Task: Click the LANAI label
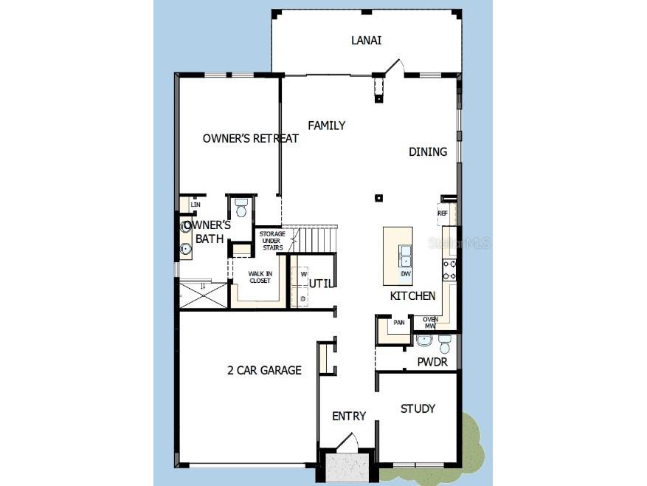pyautogui.click(x=366, y=40)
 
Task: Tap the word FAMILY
pyautogui.click(x=326, y=126)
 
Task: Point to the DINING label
pyautogui.click(x=428, y=151)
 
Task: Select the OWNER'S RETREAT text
pyautogui.click(x=251, y=138)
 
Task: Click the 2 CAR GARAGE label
pyautogui.click(x=264, y=370)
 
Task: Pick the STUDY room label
pyautogui.click(x=418, y=408)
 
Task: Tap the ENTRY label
pyautogui.click(x=349, y=416)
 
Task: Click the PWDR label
pyautogui.click(x=432, y=363)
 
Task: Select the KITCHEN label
pyautogui.click(x=412, y=295)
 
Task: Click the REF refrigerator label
pyautogui.click(x=443, y=213)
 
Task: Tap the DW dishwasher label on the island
pyautogui.click(x=405, y=274)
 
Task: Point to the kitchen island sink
pyautogui.click(x=405, y=256)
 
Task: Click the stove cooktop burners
pyautogui.click(x=449, y=270)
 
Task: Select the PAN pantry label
pyautogui.click(x=399, y=322)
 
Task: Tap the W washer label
pyautogui.click(x=303, y=274)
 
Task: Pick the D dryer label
pyautogui.click(x=303, y=298)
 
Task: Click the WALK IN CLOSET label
pyautogui.click(x=260, y=277)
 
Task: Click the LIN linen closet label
pyautogui.click(x=196, y=205)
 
